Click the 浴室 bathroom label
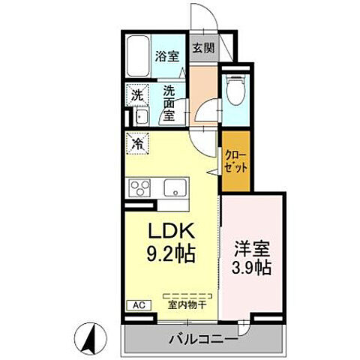166,55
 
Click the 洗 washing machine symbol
137,95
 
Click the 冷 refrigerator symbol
139,139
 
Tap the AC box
139,304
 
